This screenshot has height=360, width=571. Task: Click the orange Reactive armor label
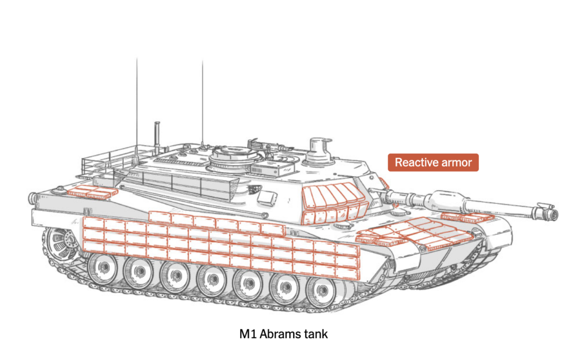click(433, 162)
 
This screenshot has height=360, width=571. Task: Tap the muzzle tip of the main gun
click(555, 215)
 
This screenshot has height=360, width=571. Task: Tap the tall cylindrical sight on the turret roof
click(320, 150)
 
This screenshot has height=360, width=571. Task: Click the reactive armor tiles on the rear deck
click(93, 192)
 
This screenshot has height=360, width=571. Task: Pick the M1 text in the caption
click(248, 334)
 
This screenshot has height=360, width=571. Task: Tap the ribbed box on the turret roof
click(272, 168)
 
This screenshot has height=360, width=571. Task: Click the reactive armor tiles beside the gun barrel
click(467, 218)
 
